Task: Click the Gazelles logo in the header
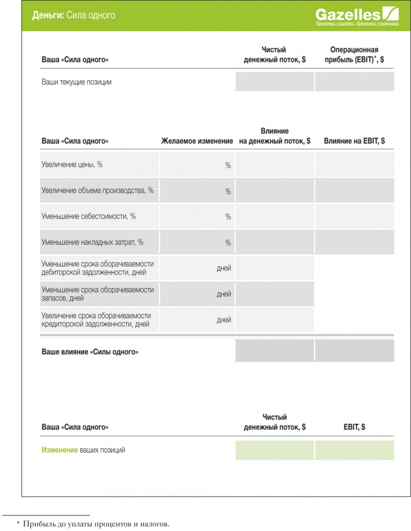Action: pos(357,15)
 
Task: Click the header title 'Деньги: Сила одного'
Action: pos(73,15)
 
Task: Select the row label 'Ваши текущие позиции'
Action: pos(76,82)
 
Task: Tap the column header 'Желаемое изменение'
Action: pos(197,141)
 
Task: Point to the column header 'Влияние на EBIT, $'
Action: pos(354,141)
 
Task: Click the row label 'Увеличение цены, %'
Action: pos(72,165)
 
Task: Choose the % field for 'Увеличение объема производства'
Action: pos(197,191)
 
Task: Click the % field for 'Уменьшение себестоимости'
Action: pos(197,217)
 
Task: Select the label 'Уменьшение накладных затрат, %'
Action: pos(92,242)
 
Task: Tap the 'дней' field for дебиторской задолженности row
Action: pos(197,268)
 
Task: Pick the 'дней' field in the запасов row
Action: pos(197,294)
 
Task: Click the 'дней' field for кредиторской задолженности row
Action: pos(197,320)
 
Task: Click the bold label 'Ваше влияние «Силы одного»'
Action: pos(90,352)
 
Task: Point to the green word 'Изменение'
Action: pos(59,450)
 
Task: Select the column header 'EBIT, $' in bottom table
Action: pos(354,427)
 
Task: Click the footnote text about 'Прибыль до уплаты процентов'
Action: pos(96,523)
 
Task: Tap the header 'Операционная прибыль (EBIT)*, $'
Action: pos(354,55)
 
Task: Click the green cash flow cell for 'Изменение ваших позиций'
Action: pos(275,450)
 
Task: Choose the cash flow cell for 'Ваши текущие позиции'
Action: pos(275,82)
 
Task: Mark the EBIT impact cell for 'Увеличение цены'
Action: pos(354,165)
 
